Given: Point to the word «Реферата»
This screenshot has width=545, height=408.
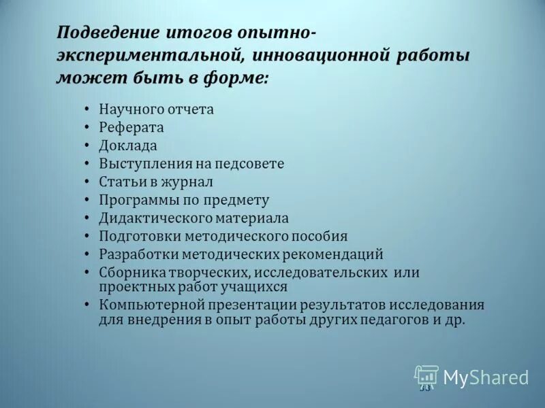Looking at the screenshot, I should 131,127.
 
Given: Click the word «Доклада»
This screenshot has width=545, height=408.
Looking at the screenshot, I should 128,146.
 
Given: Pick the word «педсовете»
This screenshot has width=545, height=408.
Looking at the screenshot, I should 249,164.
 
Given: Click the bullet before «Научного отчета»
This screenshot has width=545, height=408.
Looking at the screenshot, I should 88,109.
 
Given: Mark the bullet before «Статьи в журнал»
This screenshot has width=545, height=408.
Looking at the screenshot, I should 88,182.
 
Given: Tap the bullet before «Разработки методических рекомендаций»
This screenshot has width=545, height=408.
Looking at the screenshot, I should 88,255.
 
